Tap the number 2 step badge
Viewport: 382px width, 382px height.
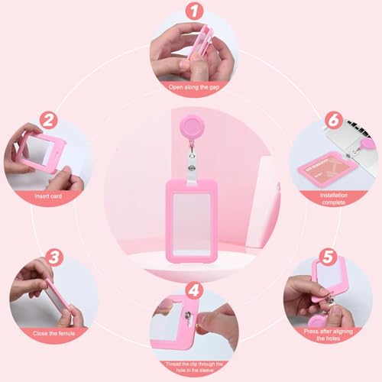(50, 121)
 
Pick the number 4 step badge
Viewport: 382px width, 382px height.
(193, 291)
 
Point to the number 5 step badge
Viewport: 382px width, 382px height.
(328, 256)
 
